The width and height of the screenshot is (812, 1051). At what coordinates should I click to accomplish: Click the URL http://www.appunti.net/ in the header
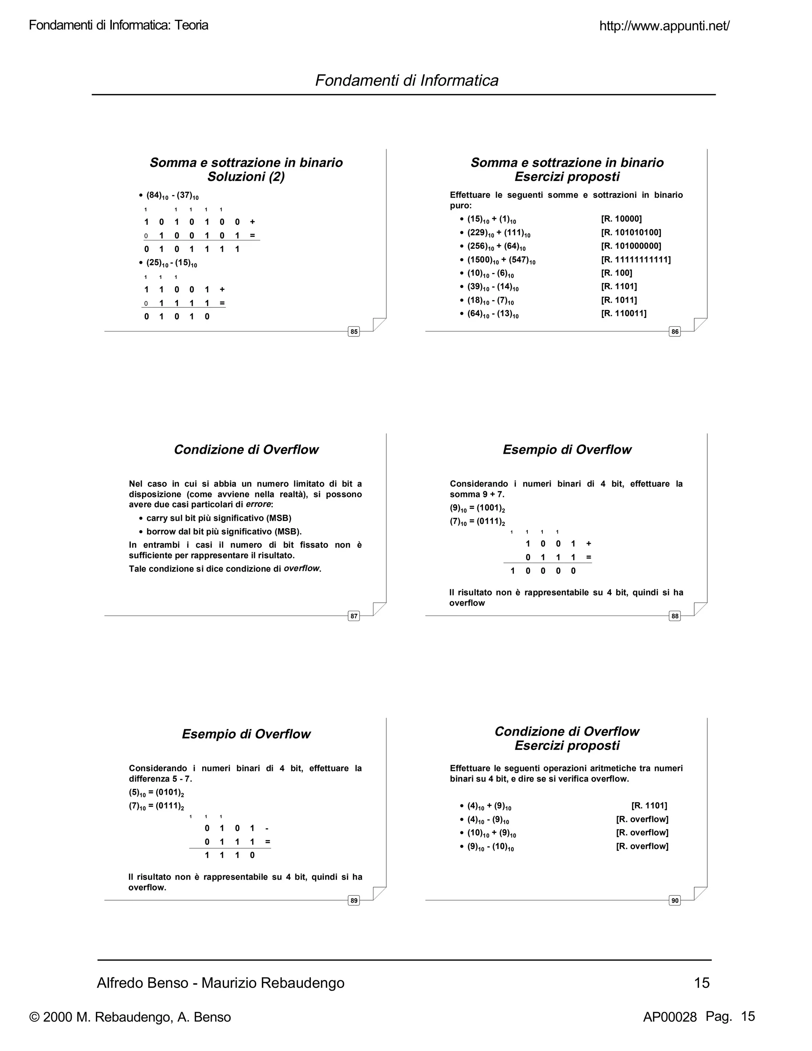(664, 26)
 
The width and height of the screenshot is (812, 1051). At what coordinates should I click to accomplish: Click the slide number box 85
(354, 332)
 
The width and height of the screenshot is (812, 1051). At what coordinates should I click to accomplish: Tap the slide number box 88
(674, 616)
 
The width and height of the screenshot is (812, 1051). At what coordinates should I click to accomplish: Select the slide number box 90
(674, 900)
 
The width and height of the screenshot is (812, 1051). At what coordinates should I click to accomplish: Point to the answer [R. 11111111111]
(636, 260)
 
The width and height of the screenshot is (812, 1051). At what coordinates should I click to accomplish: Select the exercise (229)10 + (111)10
(498, 233)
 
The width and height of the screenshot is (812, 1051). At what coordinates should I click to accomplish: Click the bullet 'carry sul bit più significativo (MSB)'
(218, 518)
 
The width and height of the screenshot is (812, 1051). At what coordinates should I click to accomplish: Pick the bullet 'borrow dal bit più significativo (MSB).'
(224, 532)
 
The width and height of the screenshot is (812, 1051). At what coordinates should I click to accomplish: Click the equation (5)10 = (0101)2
(156, 792)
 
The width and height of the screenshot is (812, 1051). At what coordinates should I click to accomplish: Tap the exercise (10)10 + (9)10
(491, 833)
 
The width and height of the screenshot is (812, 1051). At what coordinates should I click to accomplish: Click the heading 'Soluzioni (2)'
(246, 177)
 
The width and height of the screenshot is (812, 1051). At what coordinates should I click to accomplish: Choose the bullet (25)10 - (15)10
(171, 263)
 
